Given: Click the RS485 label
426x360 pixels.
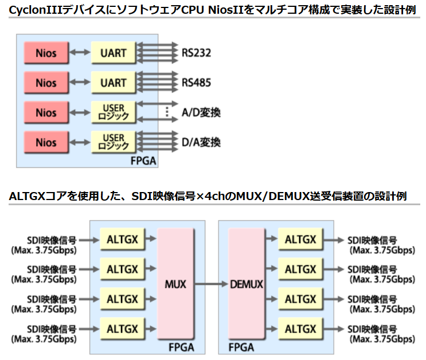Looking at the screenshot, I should (x=196, y=83).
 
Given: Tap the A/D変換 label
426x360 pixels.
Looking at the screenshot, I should (x=201, y=112).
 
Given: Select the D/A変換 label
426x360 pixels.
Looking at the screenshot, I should (x=201, y=142).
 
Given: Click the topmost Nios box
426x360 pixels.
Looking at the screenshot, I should (x=46, y=53).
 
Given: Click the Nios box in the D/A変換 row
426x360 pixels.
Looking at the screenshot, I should (x=46, y=142).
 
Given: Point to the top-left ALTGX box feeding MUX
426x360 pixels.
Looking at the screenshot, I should (x=122, y=240).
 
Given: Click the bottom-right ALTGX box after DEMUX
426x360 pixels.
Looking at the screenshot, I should (x=300, y=329).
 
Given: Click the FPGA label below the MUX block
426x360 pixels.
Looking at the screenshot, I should (x=181, y=347).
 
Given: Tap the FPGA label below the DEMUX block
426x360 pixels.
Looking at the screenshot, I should (x=241, y=347).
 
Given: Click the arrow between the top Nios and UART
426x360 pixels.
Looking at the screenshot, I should (x=80, y=53).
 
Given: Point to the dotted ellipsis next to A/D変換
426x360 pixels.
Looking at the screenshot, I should (x=167, y=112).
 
